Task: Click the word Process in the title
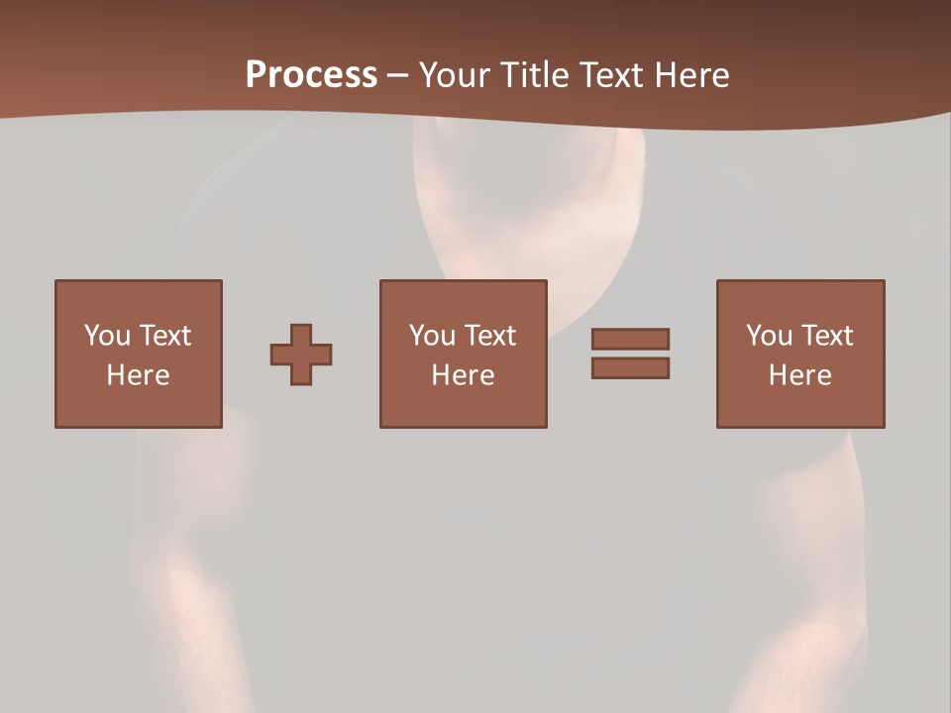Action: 311,75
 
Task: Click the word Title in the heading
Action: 531,75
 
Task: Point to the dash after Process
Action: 397,76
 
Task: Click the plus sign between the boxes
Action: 301,355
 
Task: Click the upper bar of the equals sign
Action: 630,339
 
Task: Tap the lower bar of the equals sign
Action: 630,367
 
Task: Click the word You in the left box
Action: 107,336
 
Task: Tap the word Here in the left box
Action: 139,375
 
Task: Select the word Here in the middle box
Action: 464,375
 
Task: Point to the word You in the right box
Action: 769,336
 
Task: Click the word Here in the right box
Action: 800,375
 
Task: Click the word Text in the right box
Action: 826,336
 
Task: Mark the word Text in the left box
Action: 164,336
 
